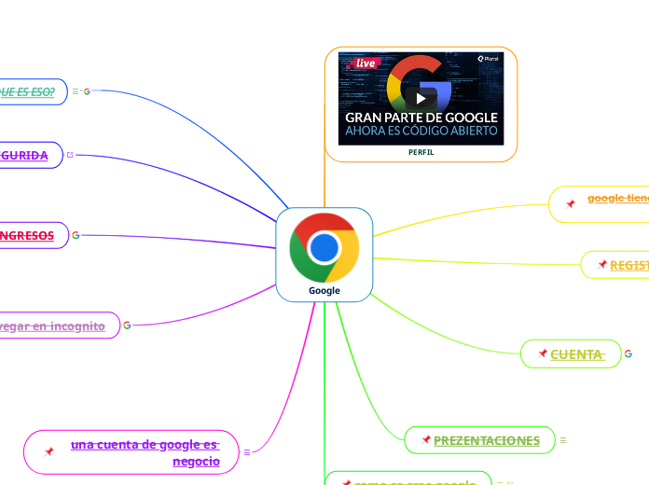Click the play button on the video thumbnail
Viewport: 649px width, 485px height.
[421, 98]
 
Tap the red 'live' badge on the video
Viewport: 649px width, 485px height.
[361, 63]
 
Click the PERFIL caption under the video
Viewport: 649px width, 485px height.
[421, 152]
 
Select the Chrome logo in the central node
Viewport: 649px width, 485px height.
[324, 247]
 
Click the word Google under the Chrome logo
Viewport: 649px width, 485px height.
[324, 291]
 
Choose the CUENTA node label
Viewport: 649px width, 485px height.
[577, 354]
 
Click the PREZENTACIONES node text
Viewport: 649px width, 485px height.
[487, 440]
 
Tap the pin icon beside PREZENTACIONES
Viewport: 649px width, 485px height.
[426, 439]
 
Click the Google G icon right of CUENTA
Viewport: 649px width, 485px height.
[628, 353]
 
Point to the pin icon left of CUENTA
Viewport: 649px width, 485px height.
[543, 353]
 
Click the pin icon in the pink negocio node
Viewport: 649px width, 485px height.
[49, 451]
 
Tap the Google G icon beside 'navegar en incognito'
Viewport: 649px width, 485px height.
[127, 326]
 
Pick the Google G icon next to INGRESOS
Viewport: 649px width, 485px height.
[76, 235]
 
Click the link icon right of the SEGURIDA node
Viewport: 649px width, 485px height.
[70, 155]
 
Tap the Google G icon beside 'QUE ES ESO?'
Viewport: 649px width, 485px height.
[87, 91]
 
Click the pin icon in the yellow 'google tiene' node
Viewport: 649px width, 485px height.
[570, 203]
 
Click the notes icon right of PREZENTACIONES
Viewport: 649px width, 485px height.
[563, 439]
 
